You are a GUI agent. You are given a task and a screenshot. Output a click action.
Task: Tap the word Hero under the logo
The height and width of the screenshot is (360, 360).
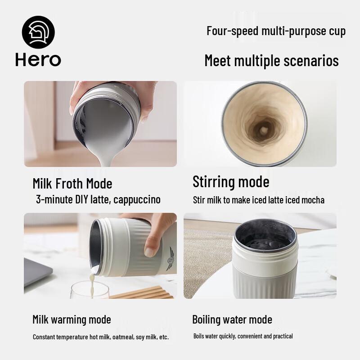(x=38, y=60)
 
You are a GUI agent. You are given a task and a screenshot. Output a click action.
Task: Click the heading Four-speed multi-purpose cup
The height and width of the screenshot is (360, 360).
(x=276, y=31)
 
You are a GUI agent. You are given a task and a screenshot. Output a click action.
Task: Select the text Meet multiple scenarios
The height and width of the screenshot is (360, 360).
(x=271, y=60)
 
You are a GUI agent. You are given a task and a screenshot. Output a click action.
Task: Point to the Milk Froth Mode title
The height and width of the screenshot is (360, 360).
(x=72, y=184)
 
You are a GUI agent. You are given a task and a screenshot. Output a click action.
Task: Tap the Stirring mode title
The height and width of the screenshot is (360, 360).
(x=231, y=182)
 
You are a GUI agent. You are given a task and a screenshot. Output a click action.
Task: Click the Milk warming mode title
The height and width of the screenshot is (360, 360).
(x=72, y=319)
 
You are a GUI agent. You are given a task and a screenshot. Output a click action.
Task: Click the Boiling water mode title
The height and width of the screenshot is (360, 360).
(x=232, y=319)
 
